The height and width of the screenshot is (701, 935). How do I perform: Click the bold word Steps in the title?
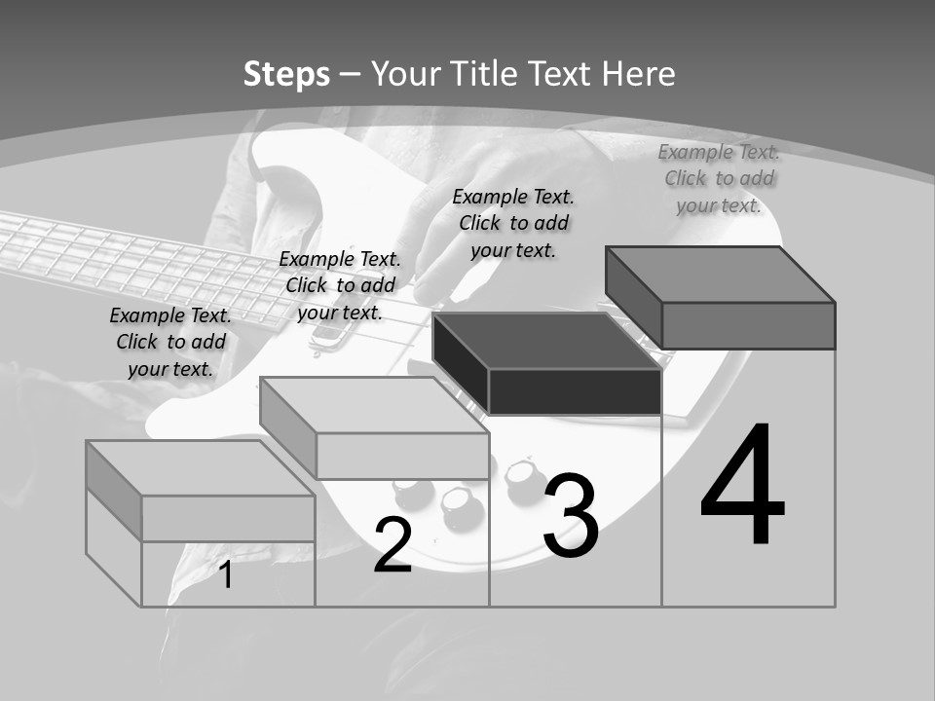(x=286, y=75)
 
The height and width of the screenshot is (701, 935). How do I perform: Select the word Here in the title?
(x=638, y=74)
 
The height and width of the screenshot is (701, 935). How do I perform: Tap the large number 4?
(x=742, y=484)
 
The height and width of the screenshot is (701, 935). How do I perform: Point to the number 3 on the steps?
(x=571, y=514)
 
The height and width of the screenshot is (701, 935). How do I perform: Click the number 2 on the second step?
(x=393, y=544)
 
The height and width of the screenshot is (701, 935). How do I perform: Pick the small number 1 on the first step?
(x=225, y=574)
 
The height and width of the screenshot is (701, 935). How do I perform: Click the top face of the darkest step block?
(x=546, y=341)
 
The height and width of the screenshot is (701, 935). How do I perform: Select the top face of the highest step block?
(x=720, y=275)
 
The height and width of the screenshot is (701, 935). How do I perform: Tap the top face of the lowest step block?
(x=201, y=468)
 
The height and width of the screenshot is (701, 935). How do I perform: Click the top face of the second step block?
(x=374, y=405)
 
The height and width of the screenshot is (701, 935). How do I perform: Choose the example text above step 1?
(x=170, y=342)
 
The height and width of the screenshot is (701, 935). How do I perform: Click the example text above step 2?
(x=340, y=285)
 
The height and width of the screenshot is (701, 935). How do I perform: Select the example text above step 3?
(x=513, y=224)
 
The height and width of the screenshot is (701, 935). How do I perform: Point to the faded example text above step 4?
(x=719, y=179)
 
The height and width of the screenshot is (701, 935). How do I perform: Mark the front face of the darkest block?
(x=575, y=391)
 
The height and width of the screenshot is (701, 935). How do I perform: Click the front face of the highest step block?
(x=748, y=325)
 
